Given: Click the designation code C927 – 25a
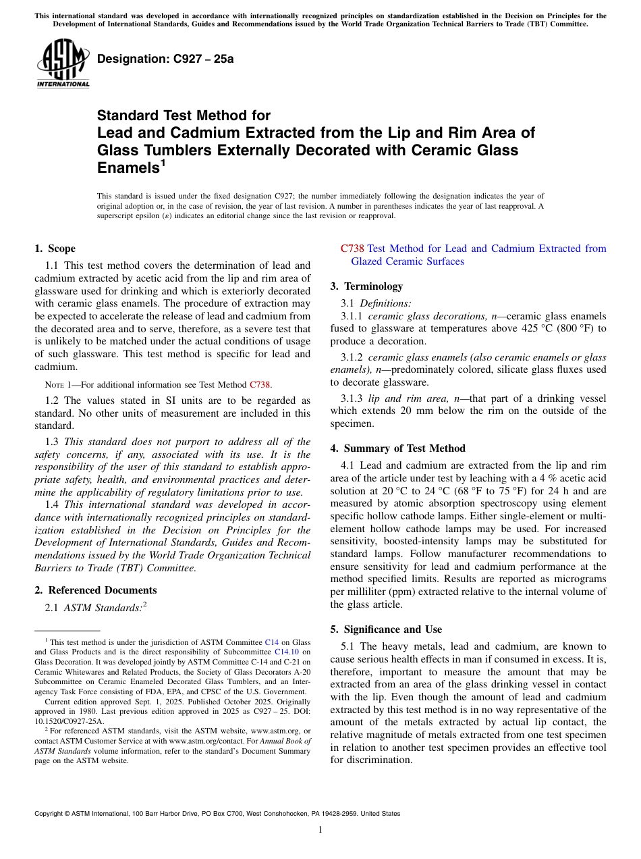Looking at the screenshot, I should click(x=165, y=59).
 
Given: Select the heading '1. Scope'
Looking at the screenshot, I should click(x=55, y=249).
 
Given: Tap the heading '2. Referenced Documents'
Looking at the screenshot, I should click(x=95, y=590).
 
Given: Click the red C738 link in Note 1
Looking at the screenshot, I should click(x=260, y=385).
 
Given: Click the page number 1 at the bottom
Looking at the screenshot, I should click(x=320, y=830).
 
